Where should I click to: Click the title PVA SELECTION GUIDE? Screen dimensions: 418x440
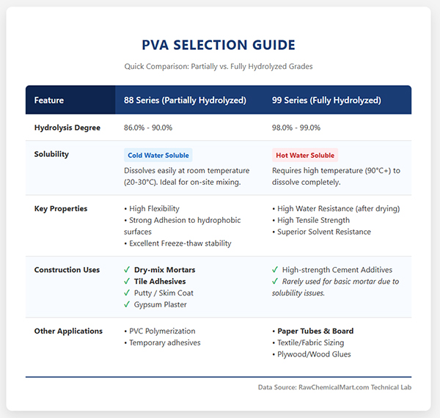tap(219, 45)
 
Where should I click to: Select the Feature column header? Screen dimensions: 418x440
tap(49, 100)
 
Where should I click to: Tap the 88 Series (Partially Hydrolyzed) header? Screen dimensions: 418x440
tap(185, 100)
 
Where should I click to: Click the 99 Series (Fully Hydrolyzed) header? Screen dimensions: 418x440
tap(326, 100)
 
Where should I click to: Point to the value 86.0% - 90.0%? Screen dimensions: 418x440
tap(148, 128)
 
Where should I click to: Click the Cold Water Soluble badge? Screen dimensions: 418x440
tap(158, 155)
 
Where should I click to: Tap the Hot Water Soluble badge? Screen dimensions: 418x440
tap(304, 155)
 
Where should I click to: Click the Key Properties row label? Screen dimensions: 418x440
tap(61, 208)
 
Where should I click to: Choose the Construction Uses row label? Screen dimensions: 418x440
tap(67, 270)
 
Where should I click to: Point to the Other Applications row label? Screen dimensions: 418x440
tap(68, 331)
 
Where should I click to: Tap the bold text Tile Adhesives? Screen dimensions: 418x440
tap(160, 282)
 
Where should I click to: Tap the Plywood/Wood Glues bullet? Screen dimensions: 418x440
tap(314, 354)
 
